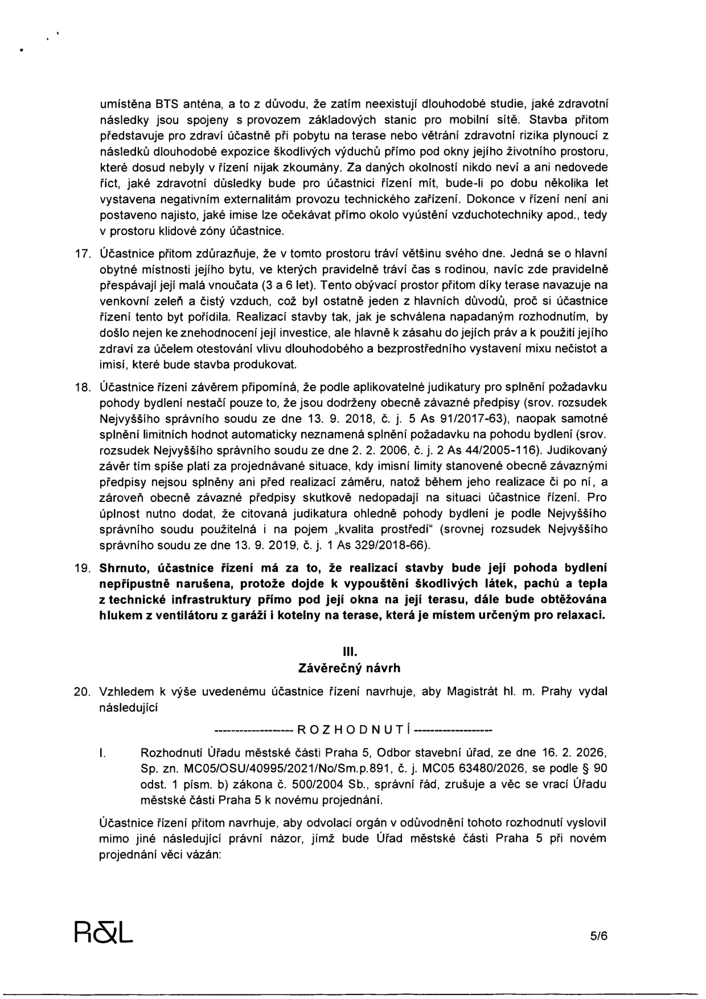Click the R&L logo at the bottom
tap(104, 931)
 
